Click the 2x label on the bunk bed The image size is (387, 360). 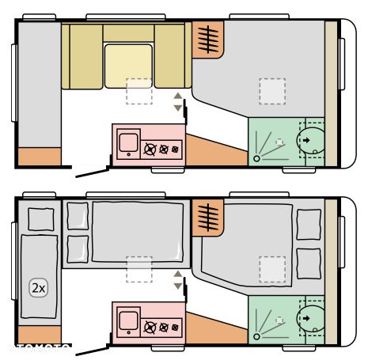point(38,288)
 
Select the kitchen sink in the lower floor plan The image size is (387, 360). point(125,323)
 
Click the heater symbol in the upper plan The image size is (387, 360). point(208,39)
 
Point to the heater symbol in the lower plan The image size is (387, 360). point(208,217)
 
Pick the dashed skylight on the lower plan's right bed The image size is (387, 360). point(273,269)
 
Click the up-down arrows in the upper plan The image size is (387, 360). point(178,102)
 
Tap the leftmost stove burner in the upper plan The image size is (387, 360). point(149,148)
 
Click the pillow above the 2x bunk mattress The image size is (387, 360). point(38,217)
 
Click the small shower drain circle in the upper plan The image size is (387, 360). point(256,159)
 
